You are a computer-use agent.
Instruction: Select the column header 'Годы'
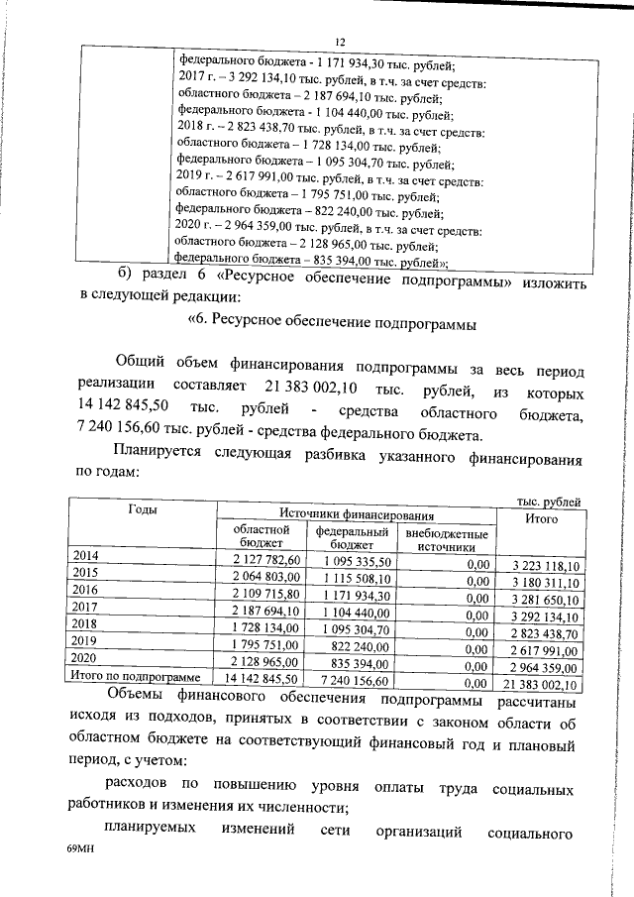pyautogui.click(x=143, y=509)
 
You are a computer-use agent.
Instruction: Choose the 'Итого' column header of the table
pyautogui.click(x=541, y=518)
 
